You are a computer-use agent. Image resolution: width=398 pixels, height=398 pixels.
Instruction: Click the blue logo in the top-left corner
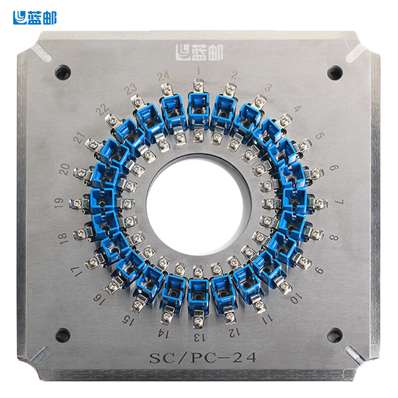(35, 18)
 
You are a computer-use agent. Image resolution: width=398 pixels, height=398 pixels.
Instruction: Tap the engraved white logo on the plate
(199, 52)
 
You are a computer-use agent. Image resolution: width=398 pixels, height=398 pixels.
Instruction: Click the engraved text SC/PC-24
(202, 358)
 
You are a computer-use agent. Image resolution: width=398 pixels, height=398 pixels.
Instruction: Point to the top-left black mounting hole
(63, 72)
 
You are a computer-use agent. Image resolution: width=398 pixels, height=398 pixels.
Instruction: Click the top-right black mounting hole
(335, 73)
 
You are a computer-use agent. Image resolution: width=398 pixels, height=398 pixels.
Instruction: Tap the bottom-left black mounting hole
(63, 335)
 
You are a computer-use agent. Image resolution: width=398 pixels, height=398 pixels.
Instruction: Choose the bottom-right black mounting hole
(334, 335)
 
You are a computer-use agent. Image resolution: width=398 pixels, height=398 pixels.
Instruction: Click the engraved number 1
(199, 71)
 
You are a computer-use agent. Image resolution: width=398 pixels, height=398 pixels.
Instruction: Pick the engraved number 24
(163, 76)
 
